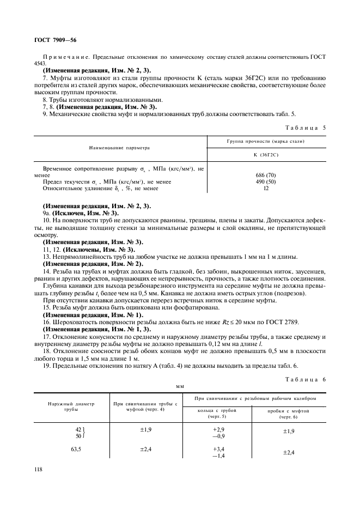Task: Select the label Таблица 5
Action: point(306,127)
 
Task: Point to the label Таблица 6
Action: point(306,379)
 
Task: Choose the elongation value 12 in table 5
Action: point(266,188)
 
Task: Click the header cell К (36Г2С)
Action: point(266,155)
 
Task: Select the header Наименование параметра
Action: point(119,148)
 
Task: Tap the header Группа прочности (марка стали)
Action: point(266,141)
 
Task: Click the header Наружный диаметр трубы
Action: point(71,406)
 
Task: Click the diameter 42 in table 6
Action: point(78,429)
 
